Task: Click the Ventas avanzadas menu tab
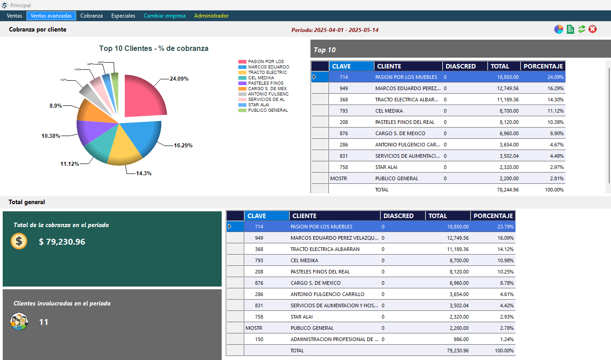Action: [x=51, y=16]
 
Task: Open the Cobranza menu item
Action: [x=91, y=16]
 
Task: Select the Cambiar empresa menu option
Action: [x=164, y=16]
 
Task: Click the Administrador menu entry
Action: [x=211, y=16]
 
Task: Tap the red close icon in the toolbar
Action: [x=593, y=29]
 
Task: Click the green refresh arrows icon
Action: [x=582, y=29]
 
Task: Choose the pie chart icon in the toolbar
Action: [x=559, y=29]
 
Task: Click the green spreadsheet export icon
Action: [x=570, y=29]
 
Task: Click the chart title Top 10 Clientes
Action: [x=154, y=49]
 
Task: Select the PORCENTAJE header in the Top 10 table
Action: [x=543, y=66]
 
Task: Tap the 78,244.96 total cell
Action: [x=507, y=190]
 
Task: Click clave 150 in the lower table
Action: [x=259, y=339]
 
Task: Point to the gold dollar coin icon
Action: [x=19, y=242]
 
